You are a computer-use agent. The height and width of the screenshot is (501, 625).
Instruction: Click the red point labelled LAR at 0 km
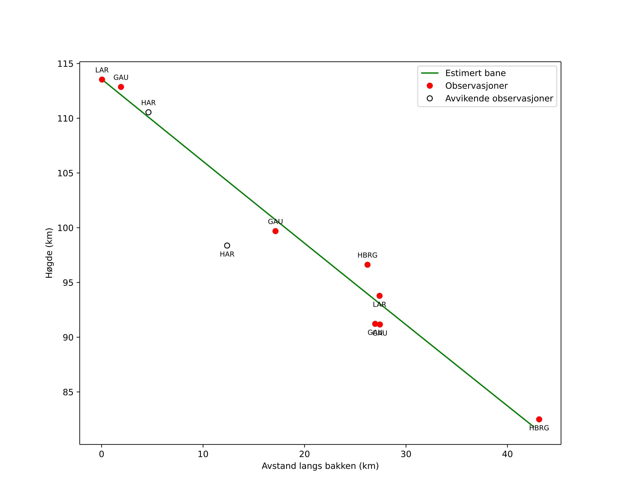tap(102, 80)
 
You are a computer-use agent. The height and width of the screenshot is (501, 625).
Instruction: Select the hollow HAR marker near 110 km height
tap(148, 112)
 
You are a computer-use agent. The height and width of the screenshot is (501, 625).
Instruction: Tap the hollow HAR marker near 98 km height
tap(227, 246)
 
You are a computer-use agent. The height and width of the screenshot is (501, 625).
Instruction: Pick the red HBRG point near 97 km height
tap(367, 265)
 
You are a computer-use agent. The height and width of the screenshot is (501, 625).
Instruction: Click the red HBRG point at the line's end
tap(539, 419)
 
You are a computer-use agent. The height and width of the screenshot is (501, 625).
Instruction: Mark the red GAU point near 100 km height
tap(275, 231)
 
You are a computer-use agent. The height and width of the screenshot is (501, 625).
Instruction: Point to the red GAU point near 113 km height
tap(121, 87)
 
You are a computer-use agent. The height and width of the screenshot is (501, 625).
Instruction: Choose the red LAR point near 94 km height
tap(379, 296)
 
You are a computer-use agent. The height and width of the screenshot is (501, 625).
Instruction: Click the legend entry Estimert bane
tap(475, 73)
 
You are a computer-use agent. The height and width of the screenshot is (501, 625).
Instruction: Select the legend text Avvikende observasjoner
tap(499, 99)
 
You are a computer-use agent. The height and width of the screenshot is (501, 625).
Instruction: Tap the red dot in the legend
tap(430, 86)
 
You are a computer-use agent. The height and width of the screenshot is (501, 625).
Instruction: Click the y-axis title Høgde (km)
tap(49, 253)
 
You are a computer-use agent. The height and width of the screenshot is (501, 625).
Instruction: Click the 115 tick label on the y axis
tap(65, 64)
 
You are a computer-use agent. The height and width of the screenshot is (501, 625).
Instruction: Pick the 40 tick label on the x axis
tap(507, 454)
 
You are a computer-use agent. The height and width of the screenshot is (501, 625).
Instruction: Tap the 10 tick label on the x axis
tap(203, 454)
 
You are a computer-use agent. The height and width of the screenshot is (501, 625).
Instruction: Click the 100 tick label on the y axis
tap(65, 228)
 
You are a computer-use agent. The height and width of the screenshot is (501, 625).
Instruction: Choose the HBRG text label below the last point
tap(539, 428)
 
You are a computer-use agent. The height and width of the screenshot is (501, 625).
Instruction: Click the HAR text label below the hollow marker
tap(227, 254)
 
